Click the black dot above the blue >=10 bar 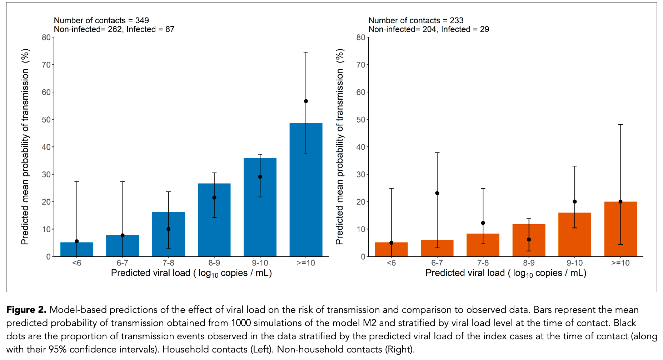[306, 101]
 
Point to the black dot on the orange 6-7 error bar [437, 193]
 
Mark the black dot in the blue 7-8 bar [168, 229]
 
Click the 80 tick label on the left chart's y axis [46, 37]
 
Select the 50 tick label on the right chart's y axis [361, 120]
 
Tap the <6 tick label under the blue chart [77, 263]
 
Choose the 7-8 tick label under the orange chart [483, 263]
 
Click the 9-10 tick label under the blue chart [260, 263]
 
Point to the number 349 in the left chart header [142, 20]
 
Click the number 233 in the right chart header [457, 20]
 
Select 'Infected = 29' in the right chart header [465, 29]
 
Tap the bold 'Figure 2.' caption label [26, 310]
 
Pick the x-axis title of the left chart [191, 273]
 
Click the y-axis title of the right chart [340, 146]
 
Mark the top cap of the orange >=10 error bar [620, 125]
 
